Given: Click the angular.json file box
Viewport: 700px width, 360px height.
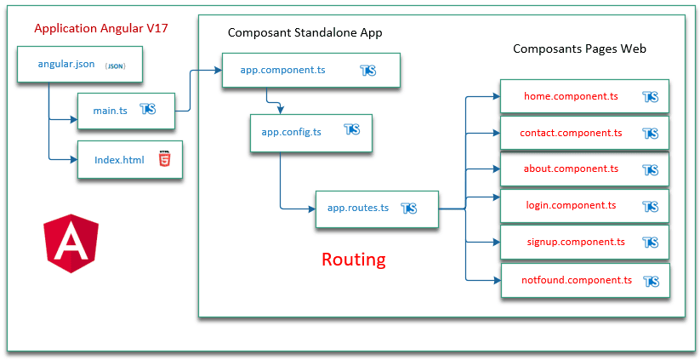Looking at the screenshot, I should (77, 65).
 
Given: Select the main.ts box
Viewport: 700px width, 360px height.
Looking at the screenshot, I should (126, 110).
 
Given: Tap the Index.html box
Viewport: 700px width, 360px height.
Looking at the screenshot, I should (129, 160).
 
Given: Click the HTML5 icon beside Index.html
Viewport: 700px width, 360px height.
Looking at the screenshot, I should (163, 159).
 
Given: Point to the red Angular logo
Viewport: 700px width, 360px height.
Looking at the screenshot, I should (71, 244).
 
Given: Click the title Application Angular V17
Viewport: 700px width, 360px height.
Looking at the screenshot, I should (101, 29).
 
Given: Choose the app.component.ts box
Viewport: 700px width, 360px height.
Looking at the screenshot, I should (310, 71).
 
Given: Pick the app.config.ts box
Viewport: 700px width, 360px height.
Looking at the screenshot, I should (311, 132).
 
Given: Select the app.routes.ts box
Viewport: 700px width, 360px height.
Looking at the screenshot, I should (377, 208).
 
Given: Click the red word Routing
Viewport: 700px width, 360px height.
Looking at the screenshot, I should (353, 259).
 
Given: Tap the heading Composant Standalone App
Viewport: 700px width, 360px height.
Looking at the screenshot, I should (305, 33).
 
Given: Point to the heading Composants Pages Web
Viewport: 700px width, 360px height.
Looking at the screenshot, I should (579, 49).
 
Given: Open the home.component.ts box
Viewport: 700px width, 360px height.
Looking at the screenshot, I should (584, 97).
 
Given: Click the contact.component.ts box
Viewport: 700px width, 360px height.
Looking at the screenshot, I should (584, 133).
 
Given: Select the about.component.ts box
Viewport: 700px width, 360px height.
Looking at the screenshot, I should (584, 169).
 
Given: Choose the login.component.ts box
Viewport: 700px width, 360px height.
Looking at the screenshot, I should (584, 205).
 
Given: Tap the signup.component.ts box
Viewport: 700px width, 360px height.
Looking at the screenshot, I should (584, 242).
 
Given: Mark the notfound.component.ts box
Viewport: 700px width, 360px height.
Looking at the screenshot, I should (584, 280).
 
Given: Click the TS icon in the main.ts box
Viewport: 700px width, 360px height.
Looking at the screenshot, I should (148, 110).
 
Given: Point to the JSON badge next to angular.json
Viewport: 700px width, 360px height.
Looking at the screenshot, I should (115, 66).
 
